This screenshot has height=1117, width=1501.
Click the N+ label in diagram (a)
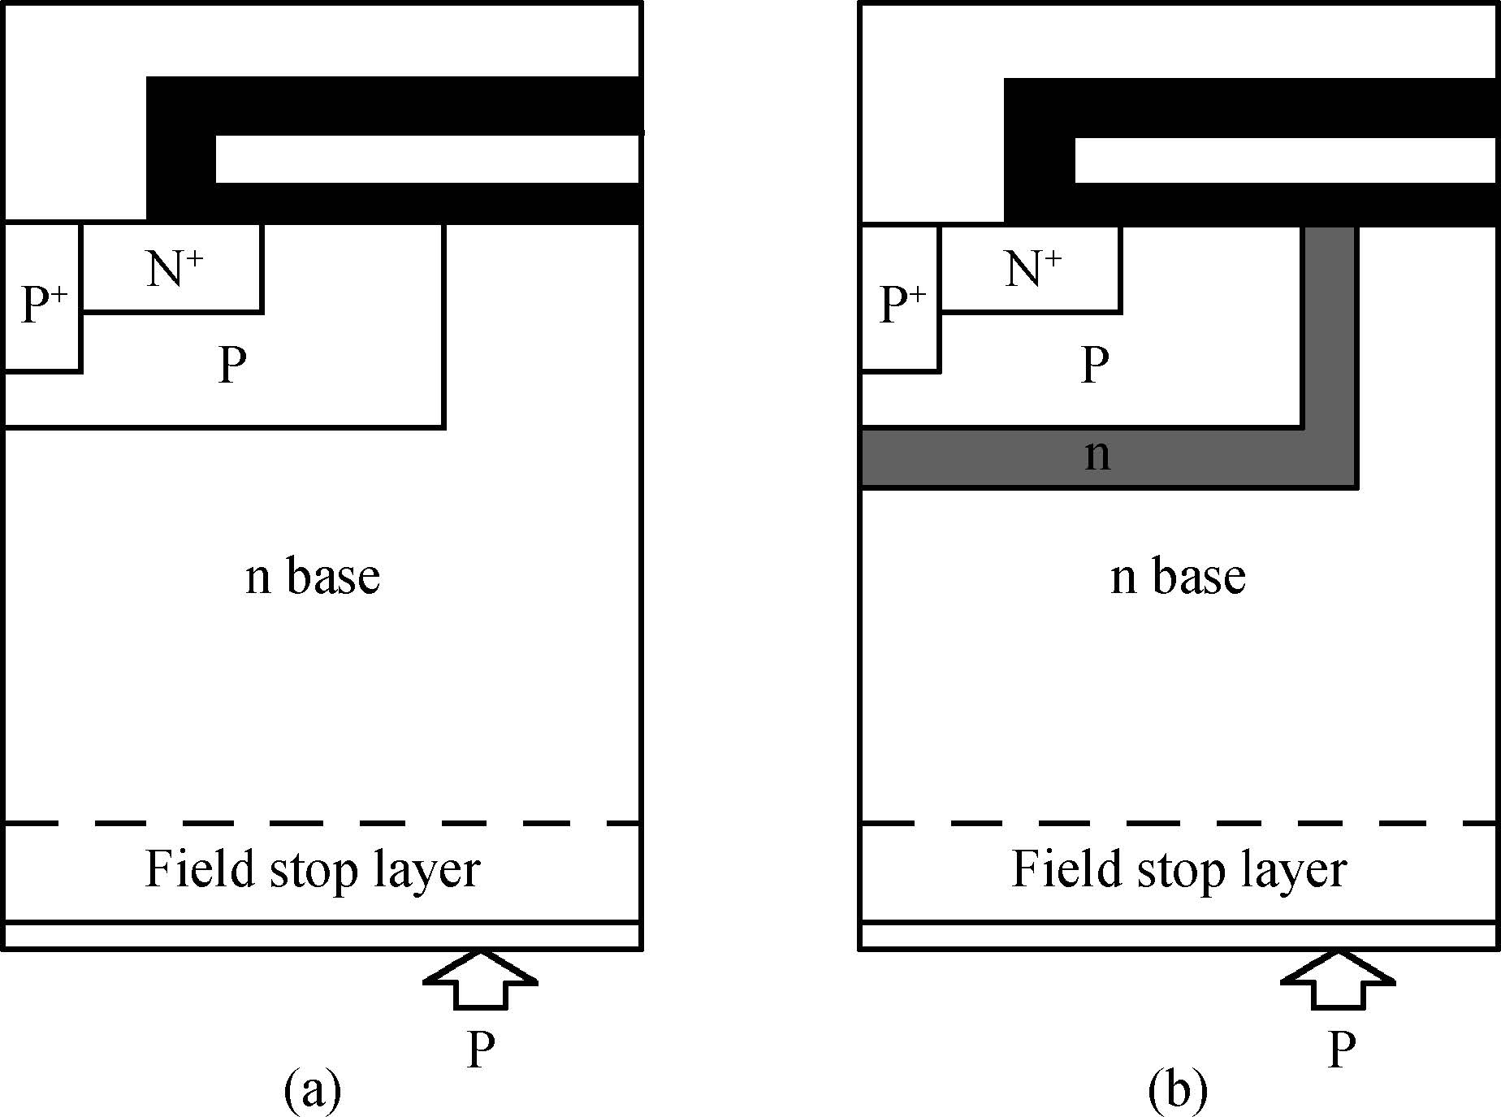[175, 268]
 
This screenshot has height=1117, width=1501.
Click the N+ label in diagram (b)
[1032, 268]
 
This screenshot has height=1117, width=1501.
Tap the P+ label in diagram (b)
[902, 305]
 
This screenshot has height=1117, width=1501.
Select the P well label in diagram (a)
[232, 365]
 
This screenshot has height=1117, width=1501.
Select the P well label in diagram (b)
[1094, 365]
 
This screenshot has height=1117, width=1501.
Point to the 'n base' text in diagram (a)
[313, 577]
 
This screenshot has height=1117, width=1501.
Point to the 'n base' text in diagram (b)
[1178, 577]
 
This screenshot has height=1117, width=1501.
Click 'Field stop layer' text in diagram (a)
[313, 870]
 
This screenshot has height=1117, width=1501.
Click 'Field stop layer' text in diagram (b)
[1179, 870]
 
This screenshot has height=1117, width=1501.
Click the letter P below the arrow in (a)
[480, 1050]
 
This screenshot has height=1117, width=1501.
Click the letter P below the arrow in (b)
[1340, 1050]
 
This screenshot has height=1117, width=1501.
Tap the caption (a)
[313, 1091]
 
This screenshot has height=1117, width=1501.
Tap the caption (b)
[1178, 1091]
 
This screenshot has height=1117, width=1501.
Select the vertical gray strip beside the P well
[1330, 325]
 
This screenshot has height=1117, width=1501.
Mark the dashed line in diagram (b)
[1178, 824]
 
